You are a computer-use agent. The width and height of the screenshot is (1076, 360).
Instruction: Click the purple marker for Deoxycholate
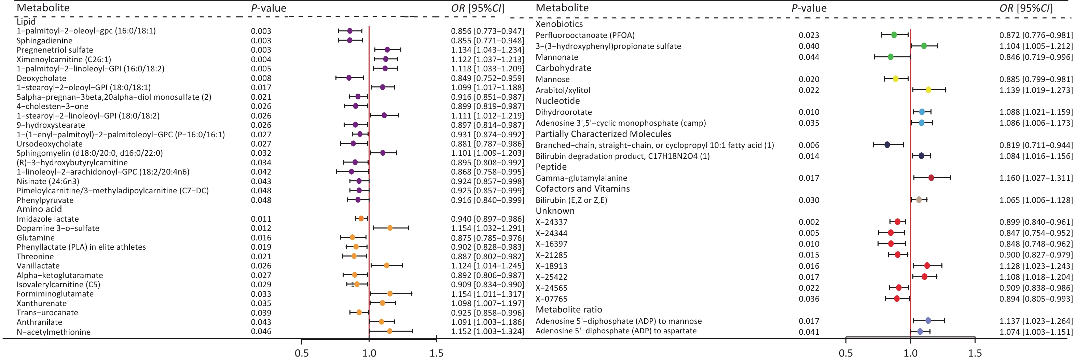click(349, 78)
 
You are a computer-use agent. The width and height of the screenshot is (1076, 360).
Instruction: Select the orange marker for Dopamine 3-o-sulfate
click(390, 228)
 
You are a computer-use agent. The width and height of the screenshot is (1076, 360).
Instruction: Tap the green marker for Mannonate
click(891, 57)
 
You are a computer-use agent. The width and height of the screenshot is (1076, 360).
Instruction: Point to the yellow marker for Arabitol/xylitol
click(928, 90)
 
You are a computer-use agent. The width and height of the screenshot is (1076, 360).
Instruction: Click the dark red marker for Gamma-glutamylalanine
click(931, 178)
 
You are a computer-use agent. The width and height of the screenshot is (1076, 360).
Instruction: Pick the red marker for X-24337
click(897, 222)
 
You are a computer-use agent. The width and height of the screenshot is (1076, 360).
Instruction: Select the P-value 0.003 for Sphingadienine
click(261, 41)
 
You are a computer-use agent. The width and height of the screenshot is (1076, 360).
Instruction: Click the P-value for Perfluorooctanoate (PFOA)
click(809, 35)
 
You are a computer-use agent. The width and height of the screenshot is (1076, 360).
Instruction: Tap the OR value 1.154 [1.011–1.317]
click(487, 294)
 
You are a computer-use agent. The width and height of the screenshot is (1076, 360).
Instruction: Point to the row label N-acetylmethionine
click(54, 332)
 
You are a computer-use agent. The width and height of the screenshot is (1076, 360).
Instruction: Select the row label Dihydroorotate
click(564, 112)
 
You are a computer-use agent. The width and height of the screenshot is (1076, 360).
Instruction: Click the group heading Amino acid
click(39, 209)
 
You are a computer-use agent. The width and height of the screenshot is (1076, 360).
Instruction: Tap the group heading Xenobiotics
click(559, 24)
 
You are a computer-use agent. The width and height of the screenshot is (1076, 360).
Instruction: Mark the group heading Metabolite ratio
click(568, 309)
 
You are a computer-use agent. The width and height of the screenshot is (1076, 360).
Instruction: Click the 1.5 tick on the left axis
click(437, 353)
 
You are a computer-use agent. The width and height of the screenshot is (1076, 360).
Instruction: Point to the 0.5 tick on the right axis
click(846, 353)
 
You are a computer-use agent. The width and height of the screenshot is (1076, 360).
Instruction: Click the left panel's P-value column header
click(268, 8)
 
